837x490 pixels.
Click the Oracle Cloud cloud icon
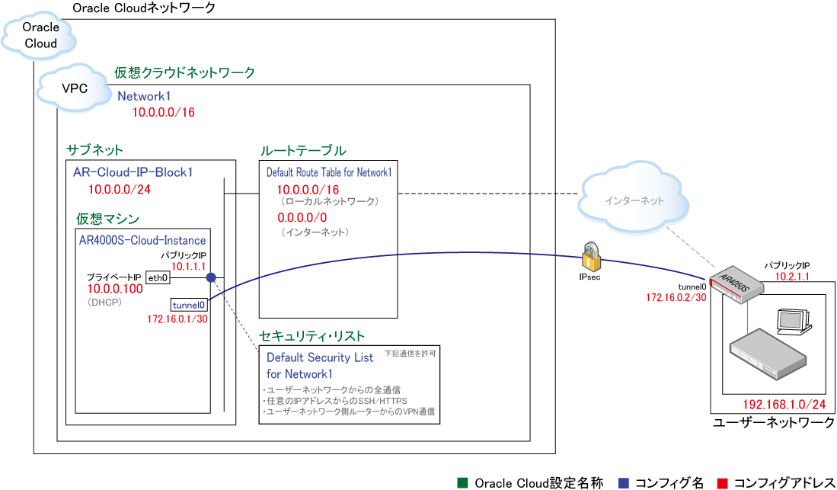click(40, 36)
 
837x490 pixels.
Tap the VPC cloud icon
click(74, 88)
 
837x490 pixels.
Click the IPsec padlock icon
click(592, 258)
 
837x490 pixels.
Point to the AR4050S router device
click(734, 285)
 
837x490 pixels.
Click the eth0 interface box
click(157, 277)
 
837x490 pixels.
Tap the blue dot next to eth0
click(211, 277)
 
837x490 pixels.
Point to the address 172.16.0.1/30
click(177, 319)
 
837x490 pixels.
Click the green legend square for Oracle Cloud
click(462, 482)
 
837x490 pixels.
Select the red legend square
click(723, 482)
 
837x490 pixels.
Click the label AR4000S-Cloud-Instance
click(142, 240)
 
